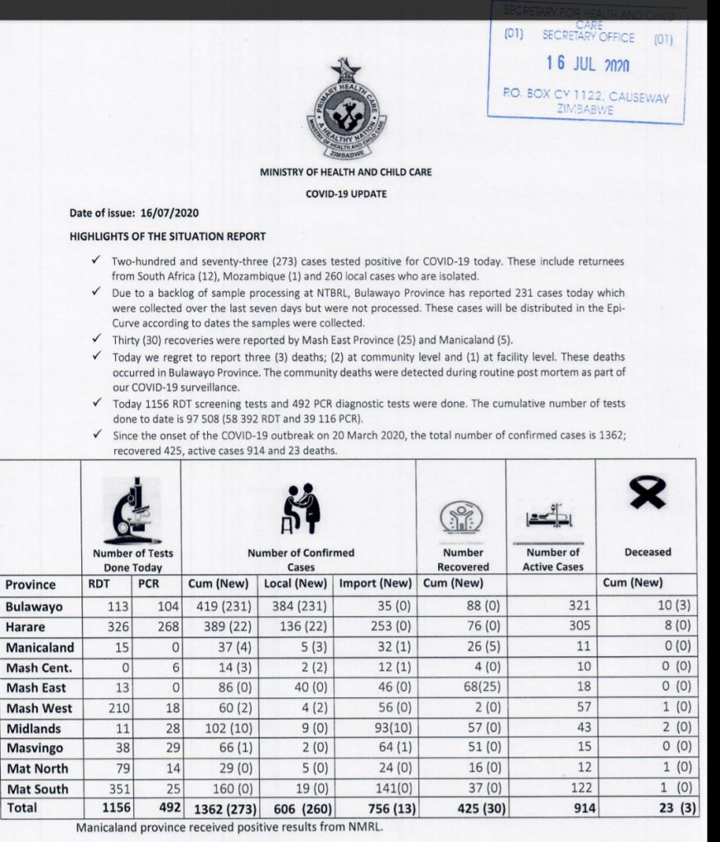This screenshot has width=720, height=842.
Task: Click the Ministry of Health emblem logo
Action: [344, 111]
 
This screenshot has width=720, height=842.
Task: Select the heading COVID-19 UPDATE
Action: [345, 194]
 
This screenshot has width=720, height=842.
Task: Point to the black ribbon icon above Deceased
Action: [648, 494]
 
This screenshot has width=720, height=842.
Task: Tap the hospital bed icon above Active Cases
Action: [548, 516]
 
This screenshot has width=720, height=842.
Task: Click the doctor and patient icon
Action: [301, 510]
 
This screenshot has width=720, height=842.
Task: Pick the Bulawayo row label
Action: [35, 607]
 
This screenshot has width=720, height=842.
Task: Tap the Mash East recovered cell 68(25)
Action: [460, 687]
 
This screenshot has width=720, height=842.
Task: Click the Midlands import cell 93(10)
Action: [376, 728]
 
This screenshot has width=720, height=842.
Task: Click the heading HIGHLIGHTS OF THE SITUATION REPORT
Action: [168, 236]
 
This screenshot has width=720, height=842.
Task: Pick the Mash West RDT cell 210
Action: [105, 708]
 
